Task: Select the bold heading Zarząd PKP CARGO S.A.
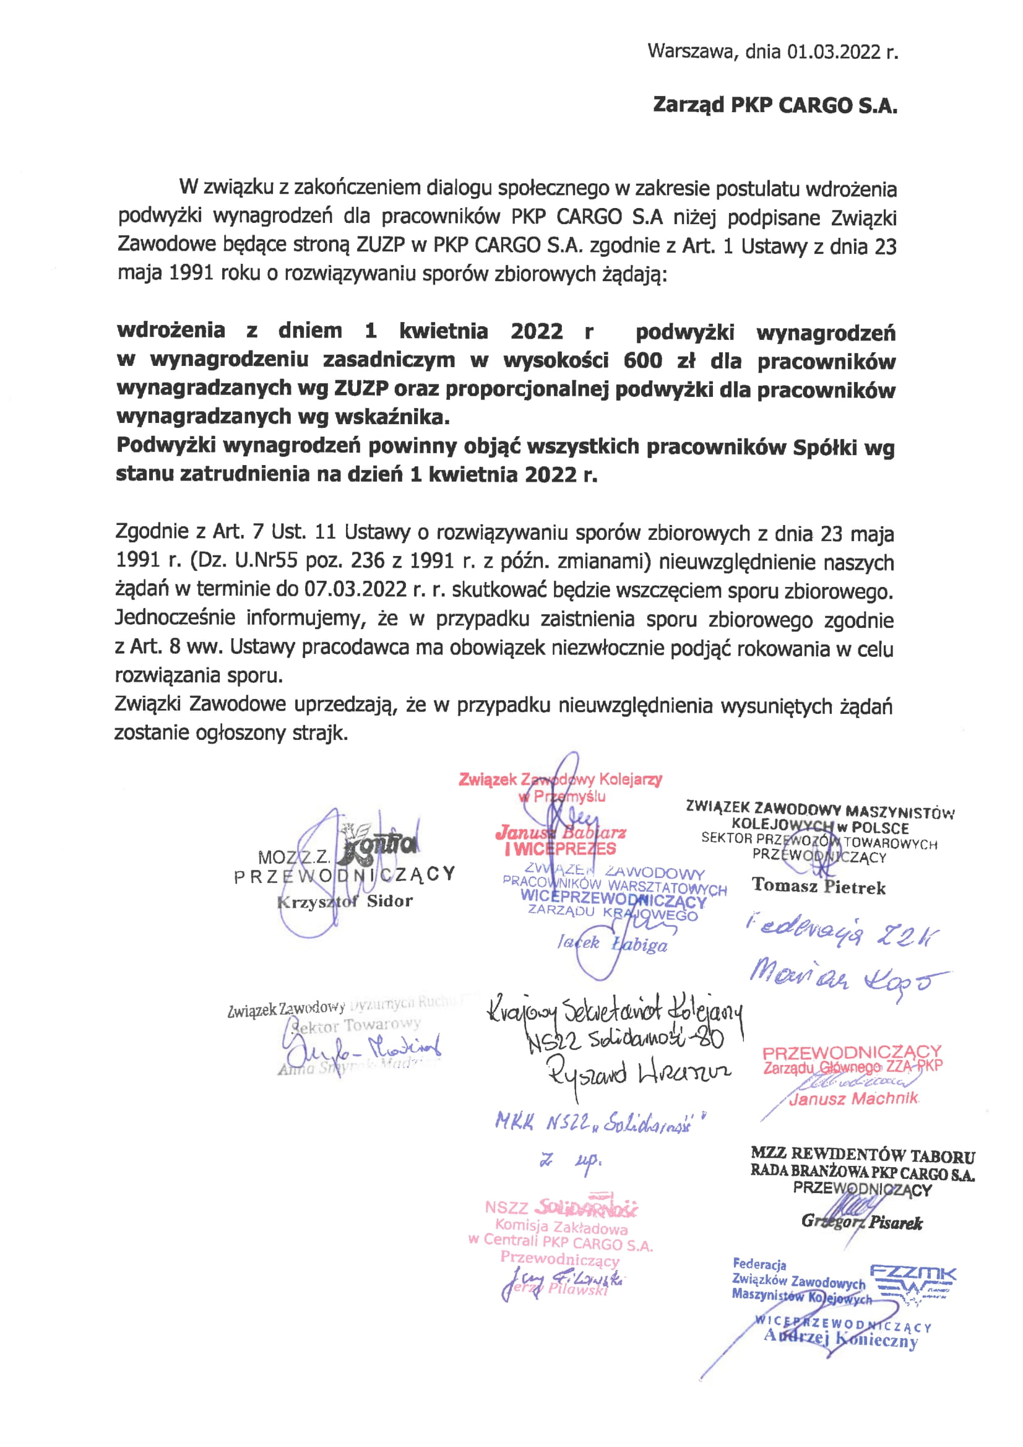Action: coord(774,105)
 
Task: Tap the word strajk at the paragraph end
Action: coord(321,733)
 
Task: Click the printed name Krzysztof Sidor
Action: coord(345,901)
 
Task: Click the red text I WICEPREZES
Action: coord(560,849)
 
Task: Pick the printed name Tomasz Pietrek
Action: coord(818,886)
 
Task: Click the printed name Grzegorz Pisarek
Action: coord(861,1223)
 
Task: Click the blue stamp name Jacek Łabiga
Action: coord(611,944)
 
